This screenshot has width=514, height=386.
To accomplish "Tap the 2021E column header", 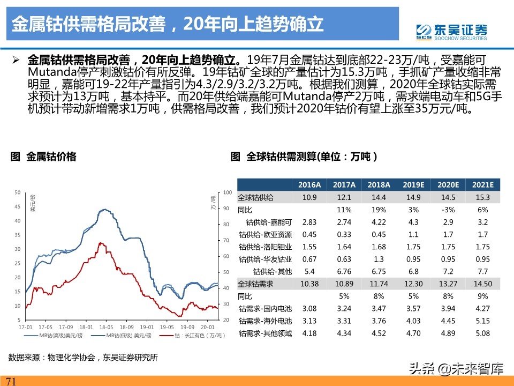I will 482,184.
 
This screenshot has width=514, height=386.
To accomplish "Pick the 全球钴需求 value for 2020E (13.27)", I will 448,284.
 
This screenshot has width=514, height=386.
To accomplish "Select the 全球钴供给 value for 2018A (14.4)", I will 379,197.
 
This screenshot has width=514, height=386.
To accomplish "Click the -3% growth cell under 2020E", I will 448,210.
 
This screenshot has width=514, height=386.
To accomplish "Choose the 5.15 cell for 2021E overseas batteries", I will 482,321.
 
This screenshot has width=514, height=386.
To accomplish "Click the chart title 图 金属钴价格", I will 44,157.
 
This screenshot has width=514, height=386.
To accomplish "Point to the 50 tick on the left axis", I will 17,192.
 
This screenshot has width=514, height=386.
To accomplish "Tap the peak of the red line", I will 100,243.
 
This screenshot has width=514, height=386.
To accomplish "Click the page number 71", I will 12,381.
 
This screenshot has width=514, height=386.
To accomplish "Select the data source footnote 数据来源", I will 83,357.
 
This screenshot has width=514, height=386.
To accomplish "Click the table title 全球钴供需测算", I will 304,157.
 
